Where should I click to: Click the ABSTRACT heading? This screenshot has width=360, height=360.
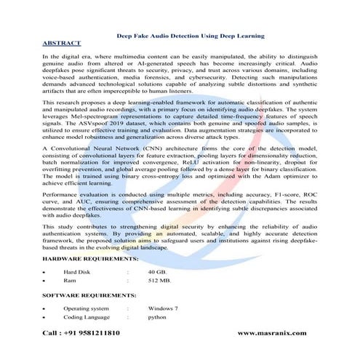pos(62,43)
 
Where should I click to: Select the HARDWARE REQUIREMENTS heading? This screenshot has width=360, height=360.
pos(89,258)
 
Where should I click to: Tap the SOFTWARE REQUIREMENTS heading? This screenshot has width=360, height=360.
pos(89,295)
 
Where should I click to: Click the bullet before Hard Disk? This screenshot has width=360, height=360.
pos(44,271)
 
